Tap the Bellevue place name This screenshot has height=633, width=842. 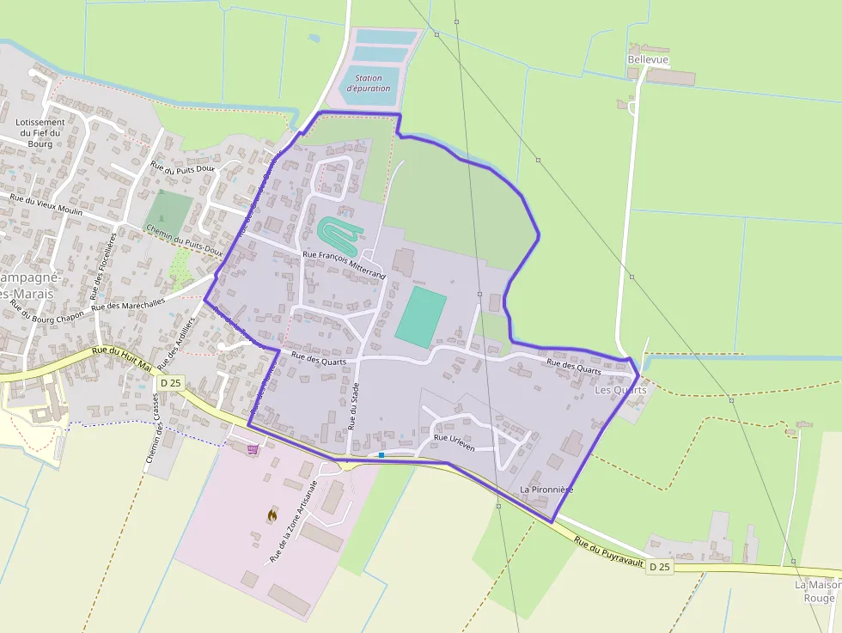[648, 59]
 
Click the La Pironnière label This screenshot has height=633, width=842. [546, 489]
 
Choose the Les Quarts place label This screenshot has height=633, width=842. [620, 390]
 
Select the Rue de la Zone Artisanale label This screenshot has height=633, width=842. [294, 521]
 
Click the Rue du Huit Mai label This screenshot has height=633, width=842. [122, 358]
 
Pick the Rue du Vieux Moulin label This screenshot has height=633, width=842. [46, 205]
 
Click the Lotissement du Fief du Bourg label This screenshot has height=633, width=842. [40, 133]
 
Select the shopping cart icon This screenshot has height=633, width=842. [252, 448]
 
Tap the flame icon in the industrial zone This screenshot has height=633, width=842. [272, 514]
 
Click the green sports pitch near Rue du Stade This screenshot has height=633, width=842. [420, 317]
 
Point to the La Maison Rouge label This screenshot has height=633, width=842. [819, 591]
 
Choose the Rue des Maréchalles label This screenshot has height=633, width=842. [128, 305]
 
